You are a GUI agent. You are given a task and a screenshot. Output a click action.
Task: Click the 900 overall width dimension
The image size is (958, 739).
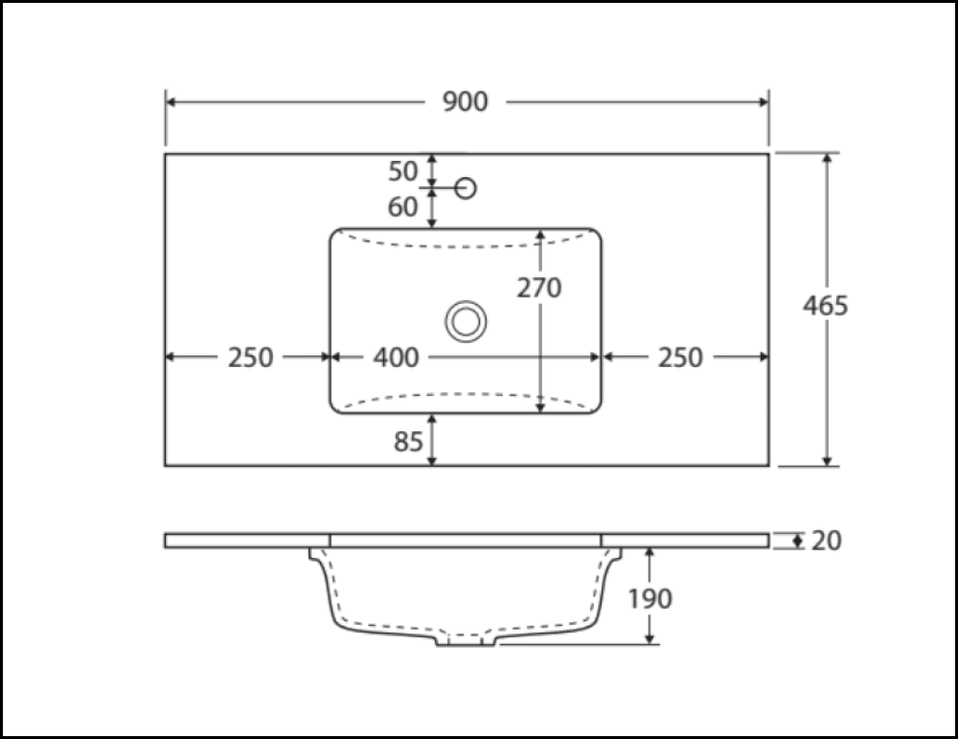tap(465, 102)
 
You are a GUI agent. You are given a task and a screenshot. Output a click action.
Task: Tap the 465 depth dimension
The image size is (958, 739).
tap(826, 306)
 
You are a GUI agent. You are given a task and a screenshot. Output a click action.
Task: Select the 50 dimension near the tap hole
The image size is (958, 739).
tap(402, 172)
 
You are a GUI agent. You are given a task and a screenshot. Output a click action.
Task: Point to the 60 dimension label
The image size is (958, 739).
tap(402, 207)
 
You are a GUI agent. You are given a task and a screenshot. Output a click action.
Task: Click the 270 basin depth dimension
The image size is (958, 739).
tap(538, 288)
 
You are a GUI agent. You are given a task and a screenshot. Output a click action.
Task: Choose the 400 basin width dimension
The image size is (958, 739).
tap(396, 358)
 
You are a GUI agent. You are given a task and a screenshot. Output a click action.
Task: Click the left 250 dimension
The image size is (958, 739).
tap(250, 358)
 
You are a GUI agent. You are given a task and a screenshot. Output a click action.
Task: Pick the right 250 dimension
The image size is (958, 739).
tap(680, 358)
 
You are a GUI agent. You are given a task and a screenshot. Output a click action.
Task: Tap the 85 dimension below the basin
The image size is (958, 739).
tap(408, 441)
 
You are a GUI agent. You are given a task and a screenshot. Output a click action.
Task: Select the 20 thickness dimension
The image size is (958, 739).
tap(826, 541)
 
